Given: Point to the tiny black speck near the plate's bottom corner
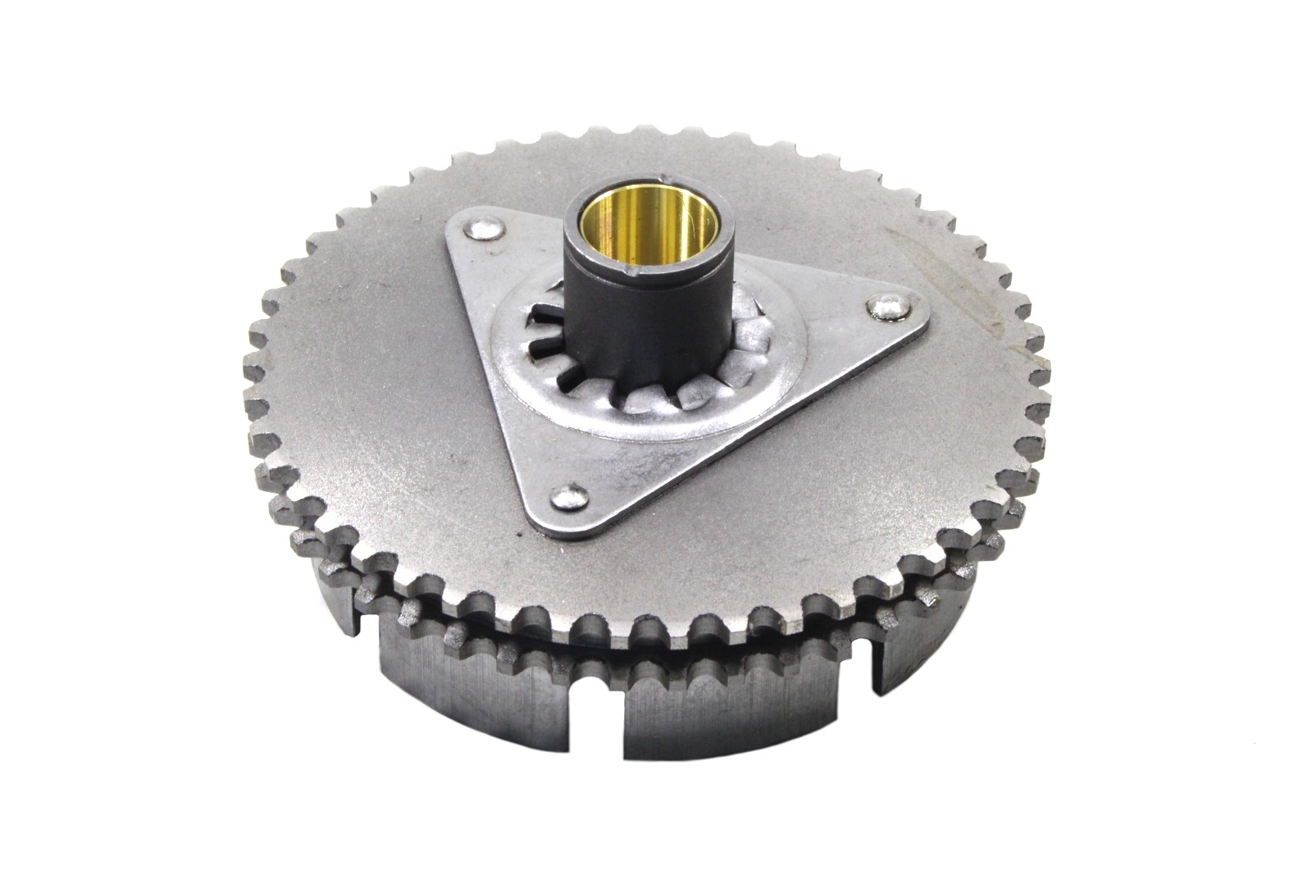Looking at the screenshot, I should (x=520, y=532).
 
